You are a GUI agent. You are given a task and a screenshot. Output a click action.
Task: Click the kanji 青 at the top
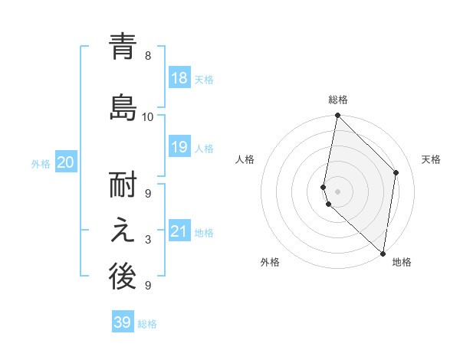(123, 47)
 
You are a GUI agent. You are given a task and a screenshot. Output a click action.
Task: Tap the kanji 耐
(123, 188)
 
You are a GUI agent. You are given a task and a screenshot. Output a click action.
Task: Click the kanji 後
(123, 277)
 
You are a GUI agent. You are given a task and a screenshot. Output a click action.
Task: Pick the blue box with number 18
(179, 79)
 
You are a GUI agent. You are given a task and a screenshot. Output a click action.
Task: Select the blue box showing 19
(179, 147)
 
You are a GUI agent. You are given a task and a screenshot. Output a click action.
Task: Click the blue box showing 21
(179, 231)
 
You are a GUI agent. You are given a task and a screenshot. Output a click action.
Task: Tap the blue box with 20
(66, 162)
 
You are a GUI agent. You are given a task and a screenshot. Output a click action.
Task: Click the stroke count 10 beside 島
(148, 116)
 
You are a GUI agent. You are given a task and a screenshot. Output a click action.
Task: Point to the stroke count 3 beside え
(148, 240)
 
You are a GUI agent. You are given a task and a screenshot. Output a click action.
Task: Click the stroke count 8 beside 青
(148, 55)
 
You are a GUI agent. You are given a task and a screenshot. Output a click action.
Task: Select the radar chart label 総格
(338, 100)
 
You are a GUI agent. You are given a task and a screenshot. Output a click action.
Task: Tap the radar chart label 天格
(432, 159)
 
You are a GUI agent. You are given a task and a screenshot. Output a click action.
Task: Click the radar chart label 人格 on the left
(245, 159)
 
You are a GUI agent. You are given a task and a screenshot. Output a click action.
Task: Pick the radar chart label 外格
(270, 262)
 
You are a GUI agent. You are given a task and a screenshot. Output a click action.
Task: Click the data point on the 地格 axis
(383, 253)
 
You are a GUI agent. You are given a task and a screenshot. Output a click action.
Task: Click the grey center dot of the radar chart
(338, 191)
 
